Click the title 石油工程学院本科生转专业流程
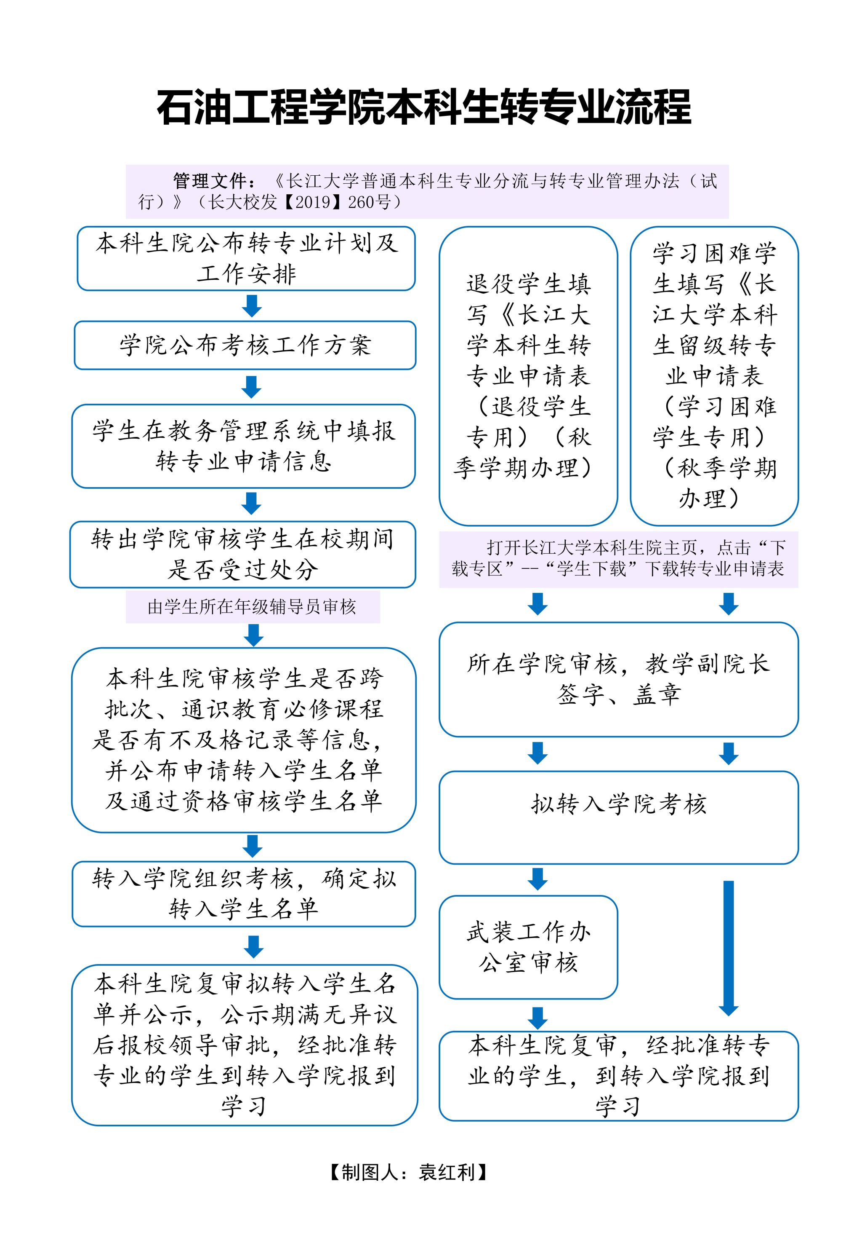click(424, 107)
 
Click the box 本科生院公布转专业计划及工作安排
click(246, 258)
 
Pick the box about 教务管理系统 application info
click(244, 446)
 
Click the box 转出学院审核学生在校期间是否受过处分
click(242, 554)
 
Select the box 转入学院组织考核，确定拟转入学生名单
click(244, 894)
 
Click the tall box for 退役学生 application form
click(528, 376)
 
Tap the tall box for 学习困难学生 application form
click(713, 376)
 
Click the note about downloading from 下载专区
click(618, 558)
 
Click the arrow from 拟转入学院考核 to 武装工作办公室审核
click(537, 879)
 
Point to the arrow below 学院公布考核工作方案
click(252, 387)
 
